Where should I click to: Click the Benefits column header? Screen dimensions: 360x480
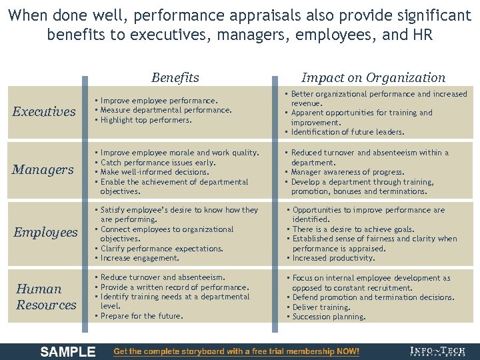click(175, 77)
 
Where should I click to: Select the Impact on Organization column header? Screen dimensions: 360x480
click(373, 77)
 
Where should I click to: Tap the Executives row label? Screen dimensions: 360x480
click(44, 111)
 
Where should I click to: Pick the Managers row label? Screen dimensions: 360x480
click(43, 169)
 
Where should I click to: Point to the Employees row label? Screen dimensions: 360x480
click(45, 232)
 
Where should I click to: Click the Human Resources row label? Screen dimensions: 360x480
click(46, 297)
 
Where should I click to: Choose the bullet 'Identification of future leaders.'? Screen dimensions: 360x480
click(347, 132)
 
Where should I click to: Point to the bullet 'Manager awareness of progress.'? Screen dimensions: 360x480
click(347, 172)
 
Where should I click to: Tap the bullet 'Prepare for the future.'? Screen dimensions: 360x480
click(141, 316)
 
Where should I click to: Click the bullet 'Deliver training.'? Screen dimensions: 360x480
click(321, 307)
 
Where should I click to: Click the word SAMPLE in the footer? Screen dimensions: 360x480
click(68, 352)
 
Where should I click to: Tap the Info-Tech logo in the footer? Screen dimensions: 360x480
click(439, 351)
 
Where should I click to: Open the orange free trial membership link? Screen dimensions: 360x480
click(237, 351)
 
